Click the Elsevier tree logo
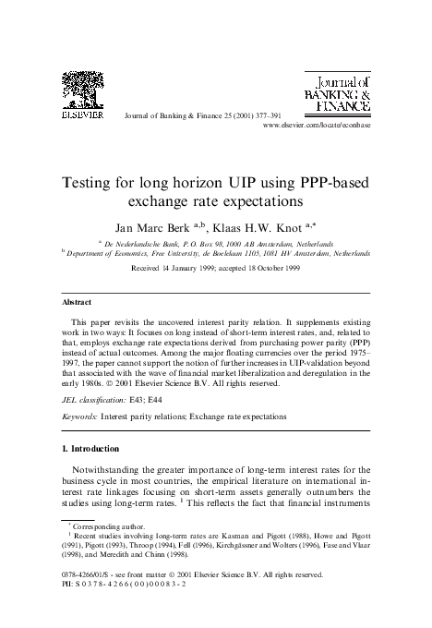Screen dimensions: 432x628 pos(77,96)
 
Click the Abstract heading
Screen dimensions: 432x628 pos(76,302)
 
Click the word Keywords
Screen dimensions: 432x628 pos(78,417)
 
